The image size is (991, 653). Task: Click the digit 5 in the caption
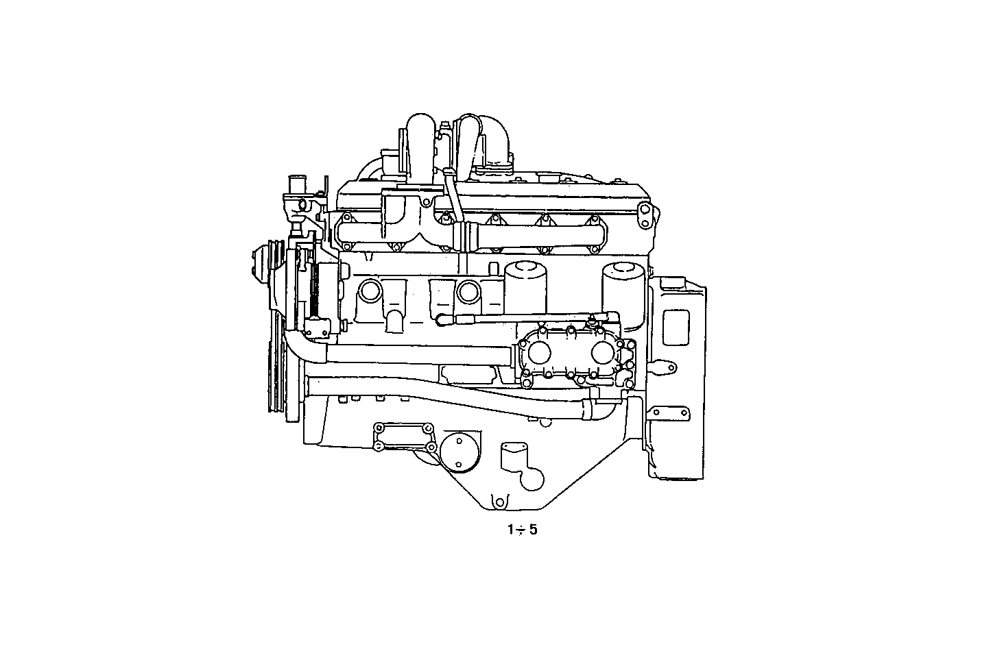coord(533,530)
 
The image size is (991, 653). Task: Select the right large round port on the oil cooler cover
coord(601,354)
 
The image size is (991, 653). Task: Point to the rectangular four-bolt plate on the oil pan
coord(403,437)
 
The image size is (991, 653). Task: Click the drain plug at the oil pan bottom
coord(500,500)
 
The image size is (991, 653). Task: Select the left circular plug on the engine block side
coord(370,291)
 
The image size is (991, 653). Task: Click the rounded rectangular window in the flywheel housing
coord(676,327)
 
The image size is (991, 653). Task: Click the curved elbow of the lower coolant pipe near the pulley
coord(298,346)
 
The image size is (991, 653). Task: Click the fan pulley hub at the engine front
coord(261,264)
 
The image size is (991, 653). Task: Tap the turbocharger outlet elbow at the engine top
coord(494,144)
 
